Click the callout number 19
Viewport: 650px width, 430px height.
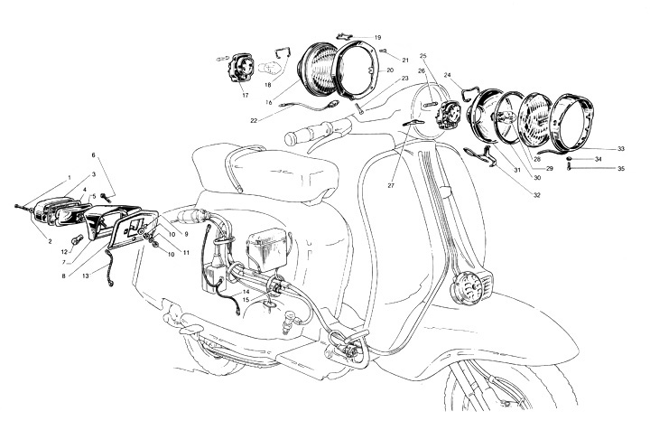pyautogui.click(x=377, y=38)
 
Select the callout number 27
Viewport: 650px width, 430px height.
pyautogui.click(x=391, y=186)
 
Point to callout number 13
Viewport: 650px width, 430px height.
pyautogui.click(x=86, y=276)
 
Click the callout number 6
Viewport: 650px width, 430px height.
pyautogui.click(x=93, y=155)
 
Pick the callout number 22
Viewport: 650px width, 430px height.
pyautogui.click(x=254, y=121)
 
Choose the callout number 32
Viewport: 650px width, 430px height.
pyautogui.click(x=537, y=195)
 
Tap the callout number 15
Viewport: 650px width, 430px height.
pyautogui.click(x=246, y=299)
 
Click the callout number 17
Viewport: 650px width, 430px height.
pyautogui.click(x=245, y=96)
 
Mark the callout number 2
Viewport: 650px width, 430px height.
pyautogui.click(x=50, y=242)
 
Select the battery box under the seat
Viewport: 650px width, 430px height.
pyautogui.click(x=265, y=249)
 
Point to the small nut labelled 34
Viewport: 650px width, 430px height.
pyautogui.click(x=571, y=159)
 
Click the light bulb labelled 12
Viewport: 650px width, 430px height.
pyautogui.click(x=78, y=239)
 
